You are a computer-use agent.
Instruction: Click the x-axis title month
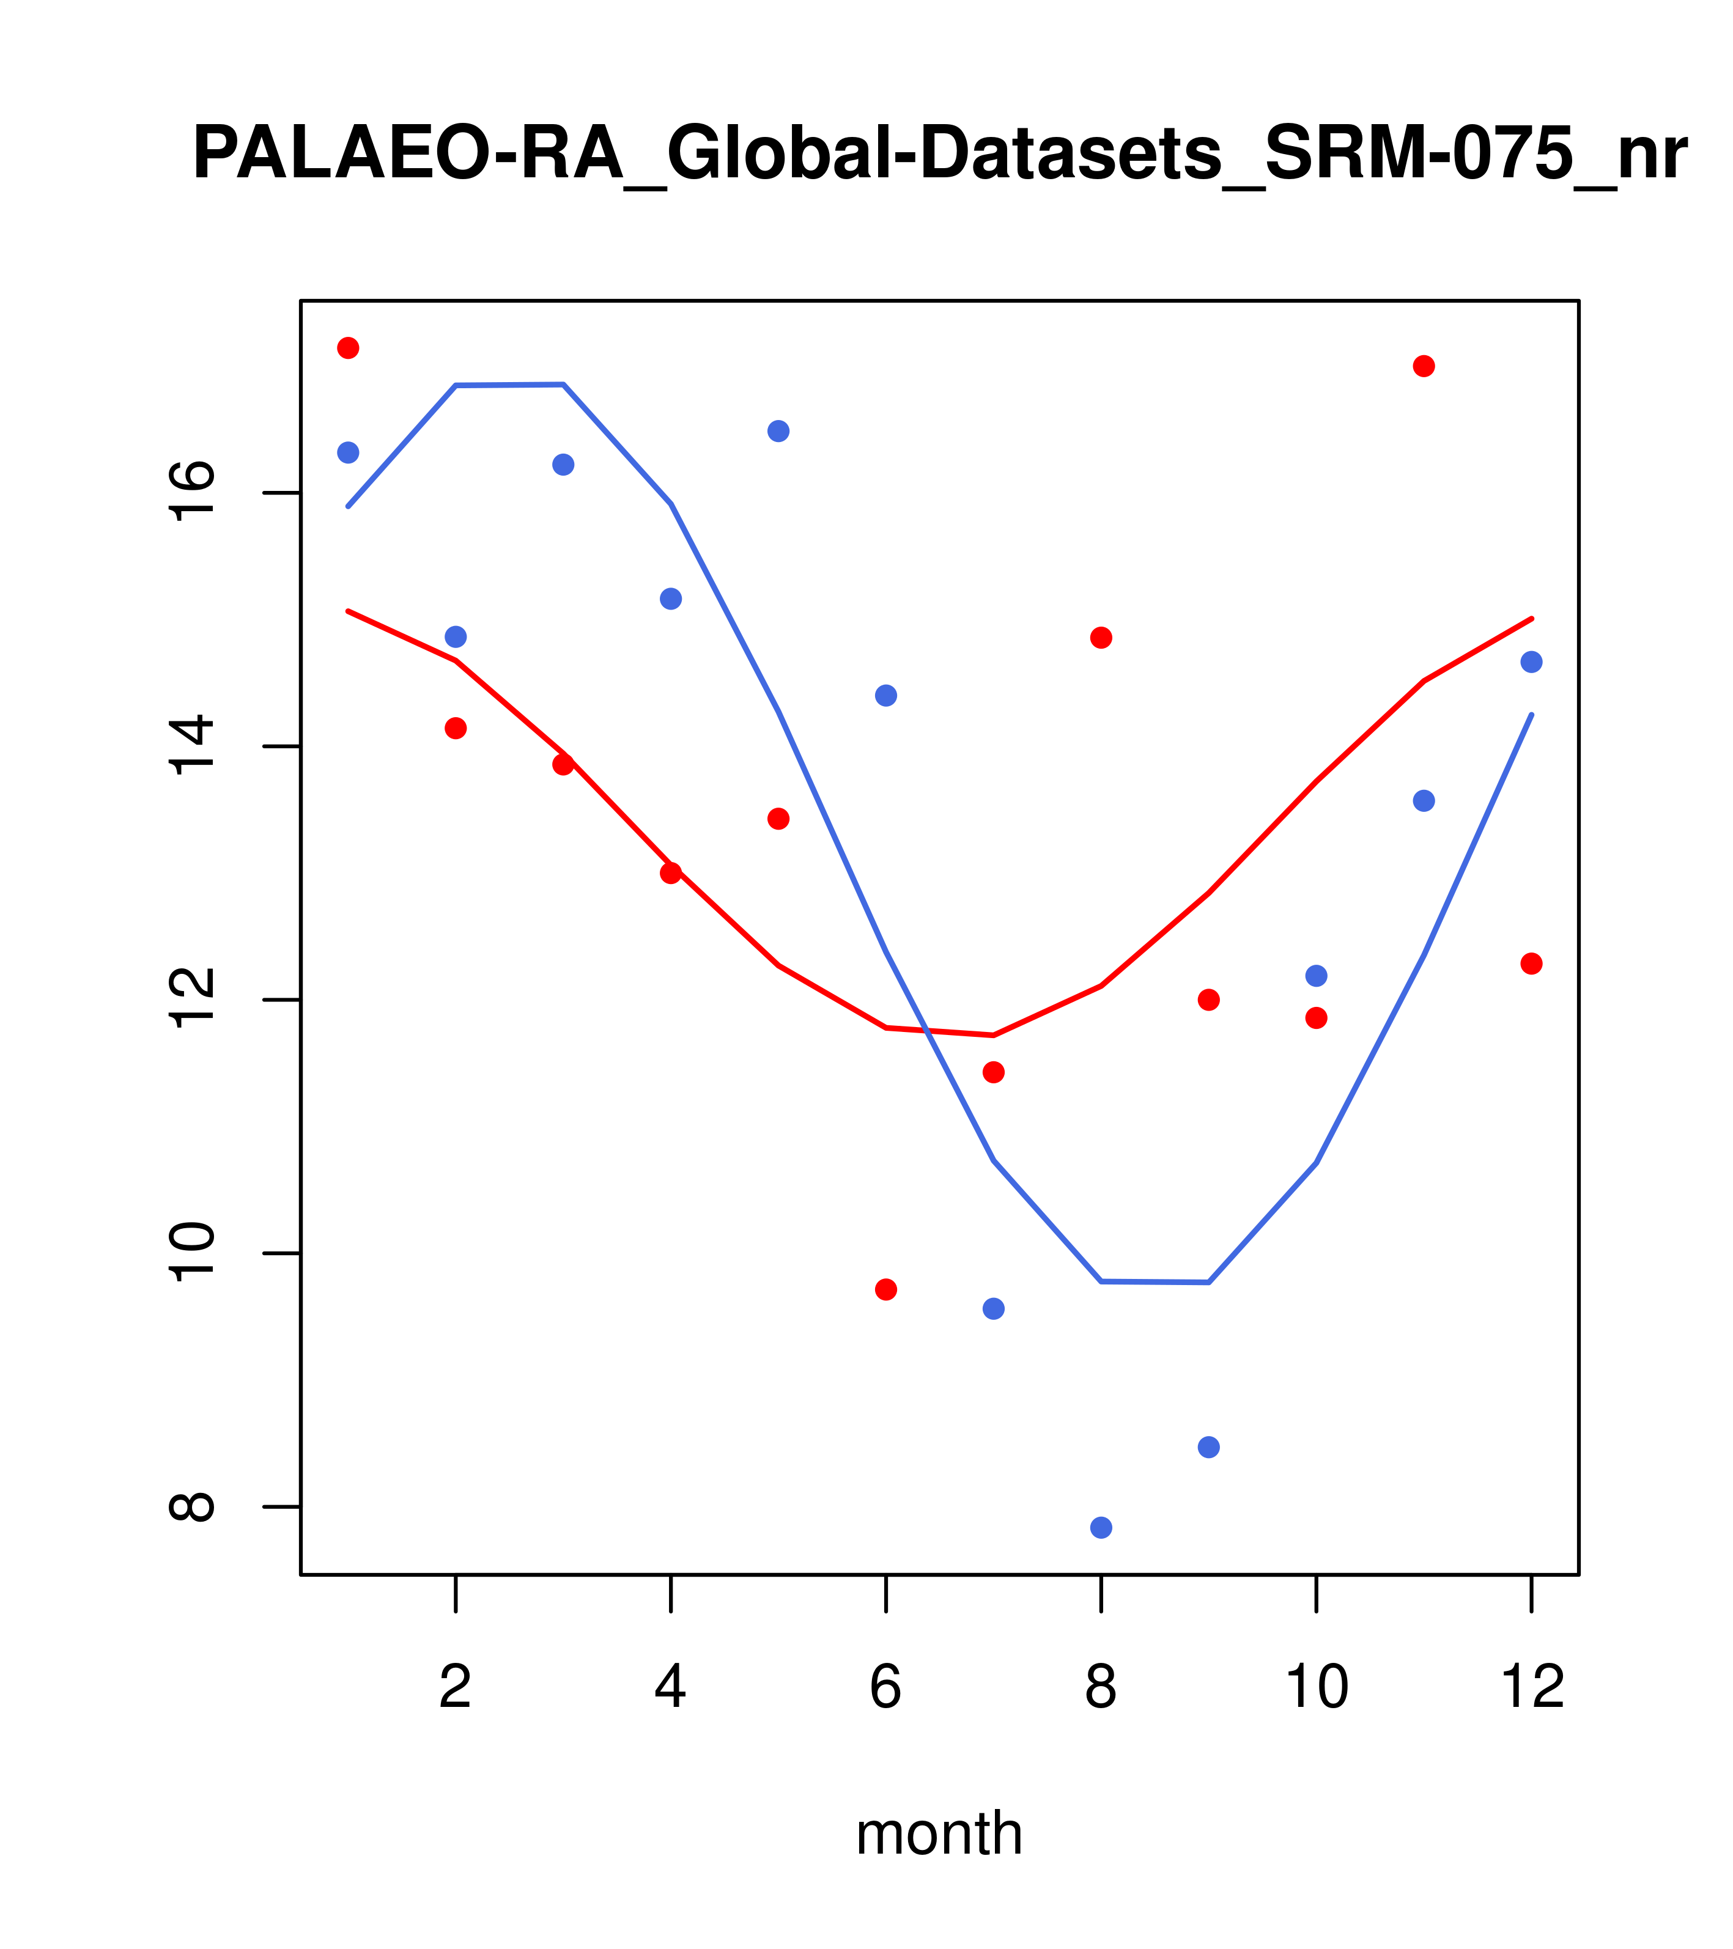(x=939, y=1833)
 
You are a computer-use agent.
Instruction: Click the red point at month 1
(x=348, y=348)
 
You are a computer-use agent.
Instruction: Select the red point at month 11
(x=1424, y=366)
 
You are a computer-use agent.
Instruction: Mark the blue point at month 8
(x=1101, y=1528)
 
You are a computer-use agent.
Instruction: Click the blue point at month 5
(x=778, y=431)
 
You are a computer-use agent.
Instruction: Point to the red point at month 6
(x=886, y=1289)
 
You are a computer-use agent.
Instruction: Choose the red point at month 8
(x=1101, y=638)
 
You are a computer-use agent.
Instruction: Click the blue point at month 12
(x=1532, y=661)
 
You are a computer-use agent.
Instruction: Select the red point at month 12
(x=1532, y=963)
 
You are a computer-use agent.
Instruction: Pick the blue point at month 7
(x=994, y=1308)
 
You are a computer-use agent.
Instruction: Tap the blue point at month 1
(x=348, y=452)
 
